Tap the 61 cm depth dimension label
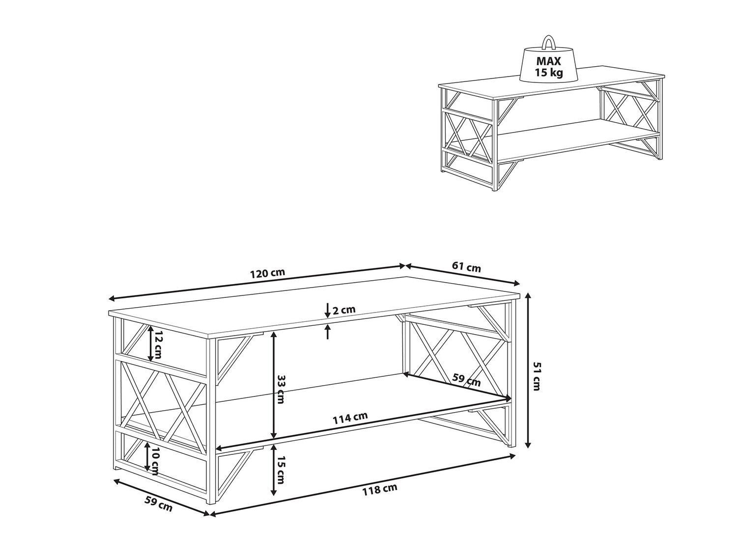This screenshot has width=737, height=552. pyautogui.click(x=466, y=267)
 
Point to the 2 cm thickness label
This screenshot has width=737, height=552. pyautogui.click(x=344, y=310)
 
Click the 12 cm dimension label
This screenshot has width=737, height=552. pyautogui.click(x=157, y=347)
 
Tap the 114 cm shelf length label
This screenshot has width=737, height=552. pyautogui.click(x=350, y=417)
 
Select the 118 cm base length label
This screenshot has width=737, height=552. pyautogui.click(x=380, y=489)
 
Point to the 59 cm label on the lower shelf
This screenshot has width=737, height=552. pyautogui.click(x=466, y=380)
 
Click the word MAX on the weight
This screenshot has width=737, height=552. pyautogui.click(x=549, y=61)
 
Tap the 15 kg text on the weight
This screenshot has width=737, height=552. pyautogui.click(x=549, y=73)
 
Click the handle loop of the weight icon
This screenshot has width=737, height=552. pyautogui.click(x=548, y=43)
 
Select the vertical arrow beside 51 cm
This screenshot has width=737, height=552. pyautogui.click(x=528, y=370)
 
